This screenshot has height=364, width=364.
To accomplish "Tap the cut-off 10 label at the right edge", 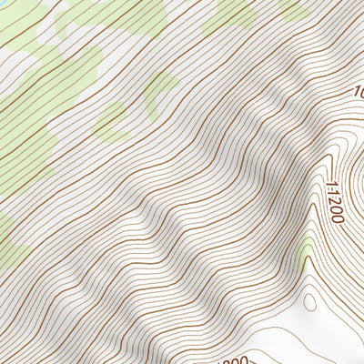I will tap(358, 92).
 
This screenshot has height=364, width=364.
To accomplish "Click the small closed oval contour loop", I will tap(308, 299).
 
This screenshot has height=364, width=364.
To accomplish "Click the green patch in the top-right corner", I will tap(293, 9).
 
